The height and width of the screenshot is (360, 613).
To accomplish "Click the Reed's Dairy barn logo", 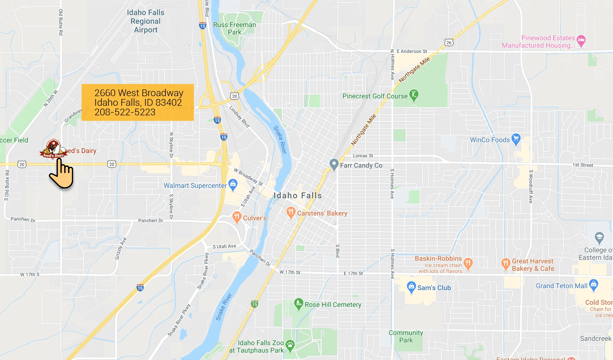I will (x=53, y=149).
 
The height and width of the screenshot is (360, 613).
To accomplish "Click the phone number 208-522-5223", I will (x=125, y=112).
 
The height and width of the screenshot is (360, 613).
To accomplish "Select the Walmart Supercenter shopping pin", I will (x=233, y=184).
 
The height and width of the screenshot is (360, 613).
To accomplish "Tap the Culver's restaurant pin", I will (x=237, y=217).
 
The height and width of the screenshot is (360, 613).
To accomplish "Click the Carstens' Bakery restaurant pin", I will (x=291, y=212).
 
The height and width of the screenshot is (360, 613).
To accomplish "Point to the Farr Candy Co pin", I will (x=334, y=165).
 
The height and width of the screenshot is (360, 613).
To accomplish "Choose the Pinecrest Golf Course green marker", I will (x=414, y=95).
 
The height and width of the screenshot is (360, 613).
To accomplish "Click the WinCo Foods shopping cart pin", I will (x=516, y=139).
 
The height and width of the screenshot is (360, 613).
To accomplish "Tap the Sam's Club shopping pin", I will (x=411, y=287).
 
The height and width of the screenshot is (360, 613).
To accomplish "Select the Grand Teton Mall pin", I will (x=594, y=285).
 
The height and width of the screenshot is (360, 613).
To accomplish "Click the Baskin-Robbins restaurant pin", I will (x=468, y=264).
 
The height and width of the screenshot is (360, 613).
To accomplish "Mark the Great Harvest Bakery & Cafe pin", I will (x=506, y=264).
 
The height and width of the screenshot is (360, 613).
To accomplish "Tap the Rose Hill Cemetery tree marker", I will (x=299, y=304).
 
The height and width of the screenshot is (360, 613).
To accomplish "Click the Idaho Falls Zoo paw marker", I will (x=290, y=345).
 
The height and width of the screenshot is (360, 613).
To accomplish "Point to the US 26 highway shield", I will (x=449, y=42).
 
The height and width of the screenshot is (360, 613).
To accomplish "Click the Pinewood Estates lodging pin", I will (x=581, y=41).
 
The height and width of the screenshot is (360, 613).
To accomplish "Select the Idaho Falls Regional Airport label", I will (x=146, y=21).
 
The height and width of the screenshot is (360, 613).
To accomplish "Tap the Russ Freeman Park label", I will (x=234, y=28).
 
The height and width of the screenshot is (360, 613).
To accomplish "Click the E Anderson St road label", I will (x=412, y=51).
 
